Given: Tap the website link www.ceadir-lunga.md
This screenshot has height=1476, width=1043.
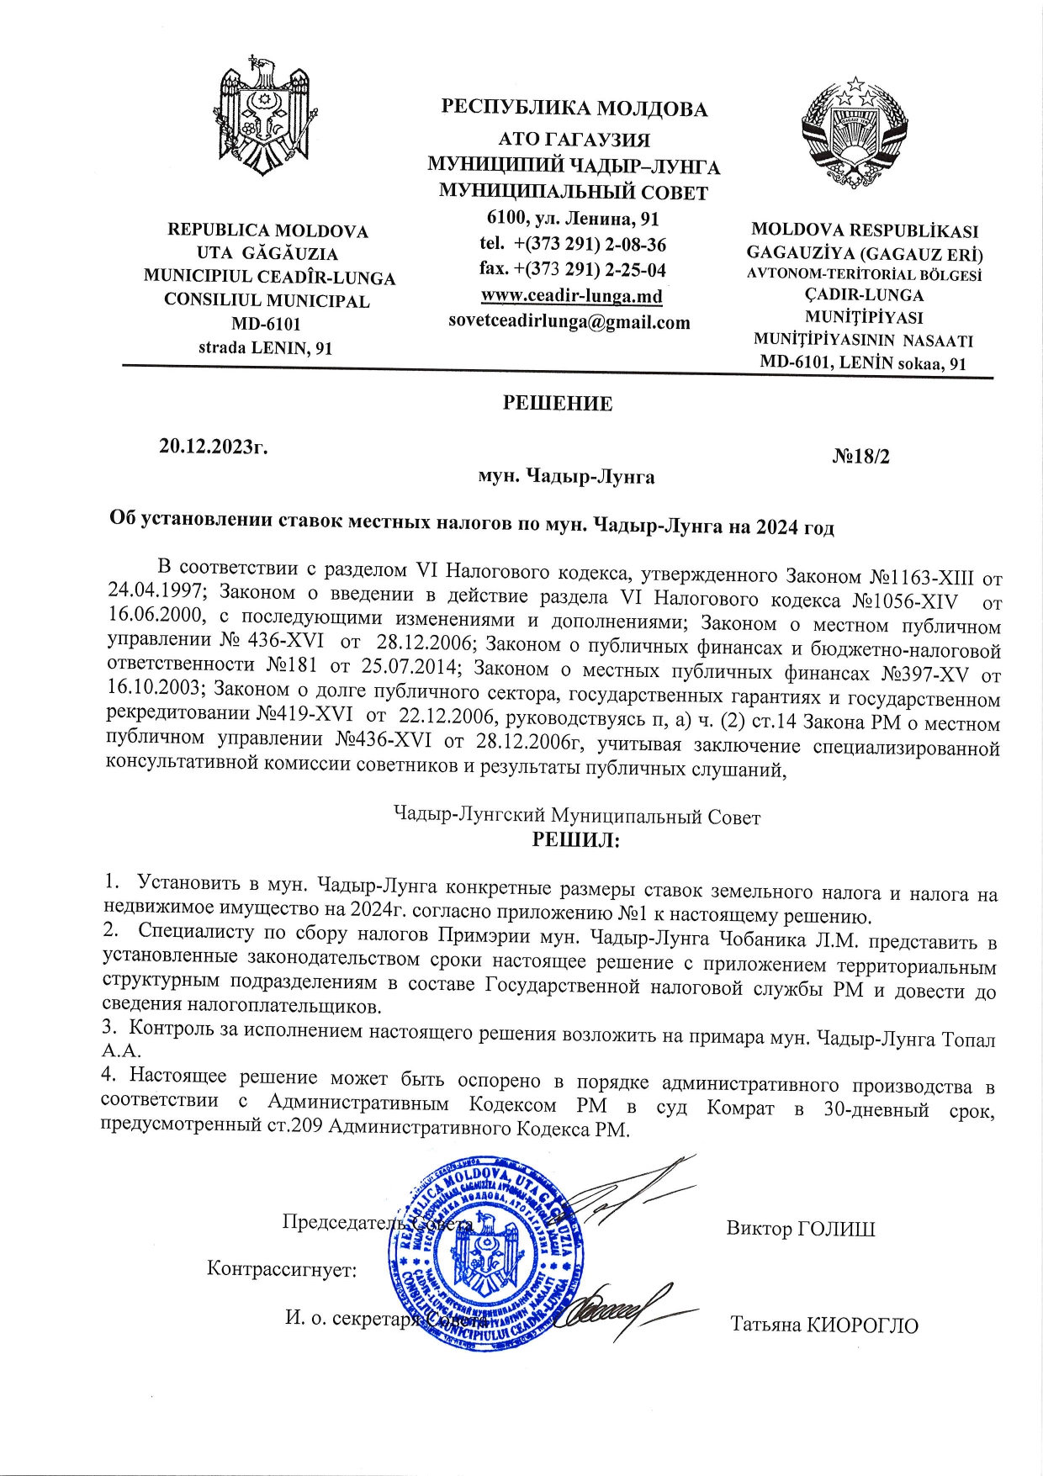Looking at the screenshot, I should [x=571, y=296].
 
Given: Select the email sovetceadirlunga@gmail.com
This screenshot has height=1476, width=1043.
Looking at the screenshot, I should [x=569, y=322].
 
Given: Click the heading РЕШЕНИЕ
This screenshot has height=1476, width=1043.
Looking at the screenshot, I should [x=557, y=404].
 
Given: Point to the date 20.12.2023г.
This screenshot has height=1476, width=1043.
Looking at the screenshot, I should [x=214, y=447].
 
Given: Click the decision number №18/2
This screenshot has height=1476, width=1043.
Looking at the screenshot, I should [x=860, y=457].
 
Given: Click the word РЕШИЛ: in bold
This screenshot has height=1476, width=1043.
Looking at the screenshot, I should [x=575, y=839].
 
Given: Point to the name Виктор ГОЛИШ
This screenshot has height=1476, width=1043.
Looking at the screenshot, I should [x=800, y=1229].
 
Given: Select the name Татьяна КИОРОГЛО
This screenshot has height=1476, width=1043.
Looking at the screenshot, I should [x=823, y=1325].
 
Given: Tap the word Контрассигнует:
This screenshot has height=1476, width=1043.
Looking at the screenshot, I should [x=282, y=1268].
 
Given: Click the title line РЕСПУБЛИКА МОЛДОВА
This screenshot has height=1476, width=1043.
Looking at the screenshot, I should [x=574, y=108].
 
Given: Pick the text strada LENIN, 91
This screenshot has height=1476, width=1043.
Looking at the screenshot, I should [x=265, y=347].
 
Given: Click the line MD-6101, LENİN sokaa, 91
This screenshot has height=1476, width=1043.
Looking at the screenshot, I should [x=862, y=363].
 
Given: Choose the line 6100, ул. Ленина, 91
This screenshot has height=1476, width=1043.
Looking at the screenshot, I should [x=573, y=219].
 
